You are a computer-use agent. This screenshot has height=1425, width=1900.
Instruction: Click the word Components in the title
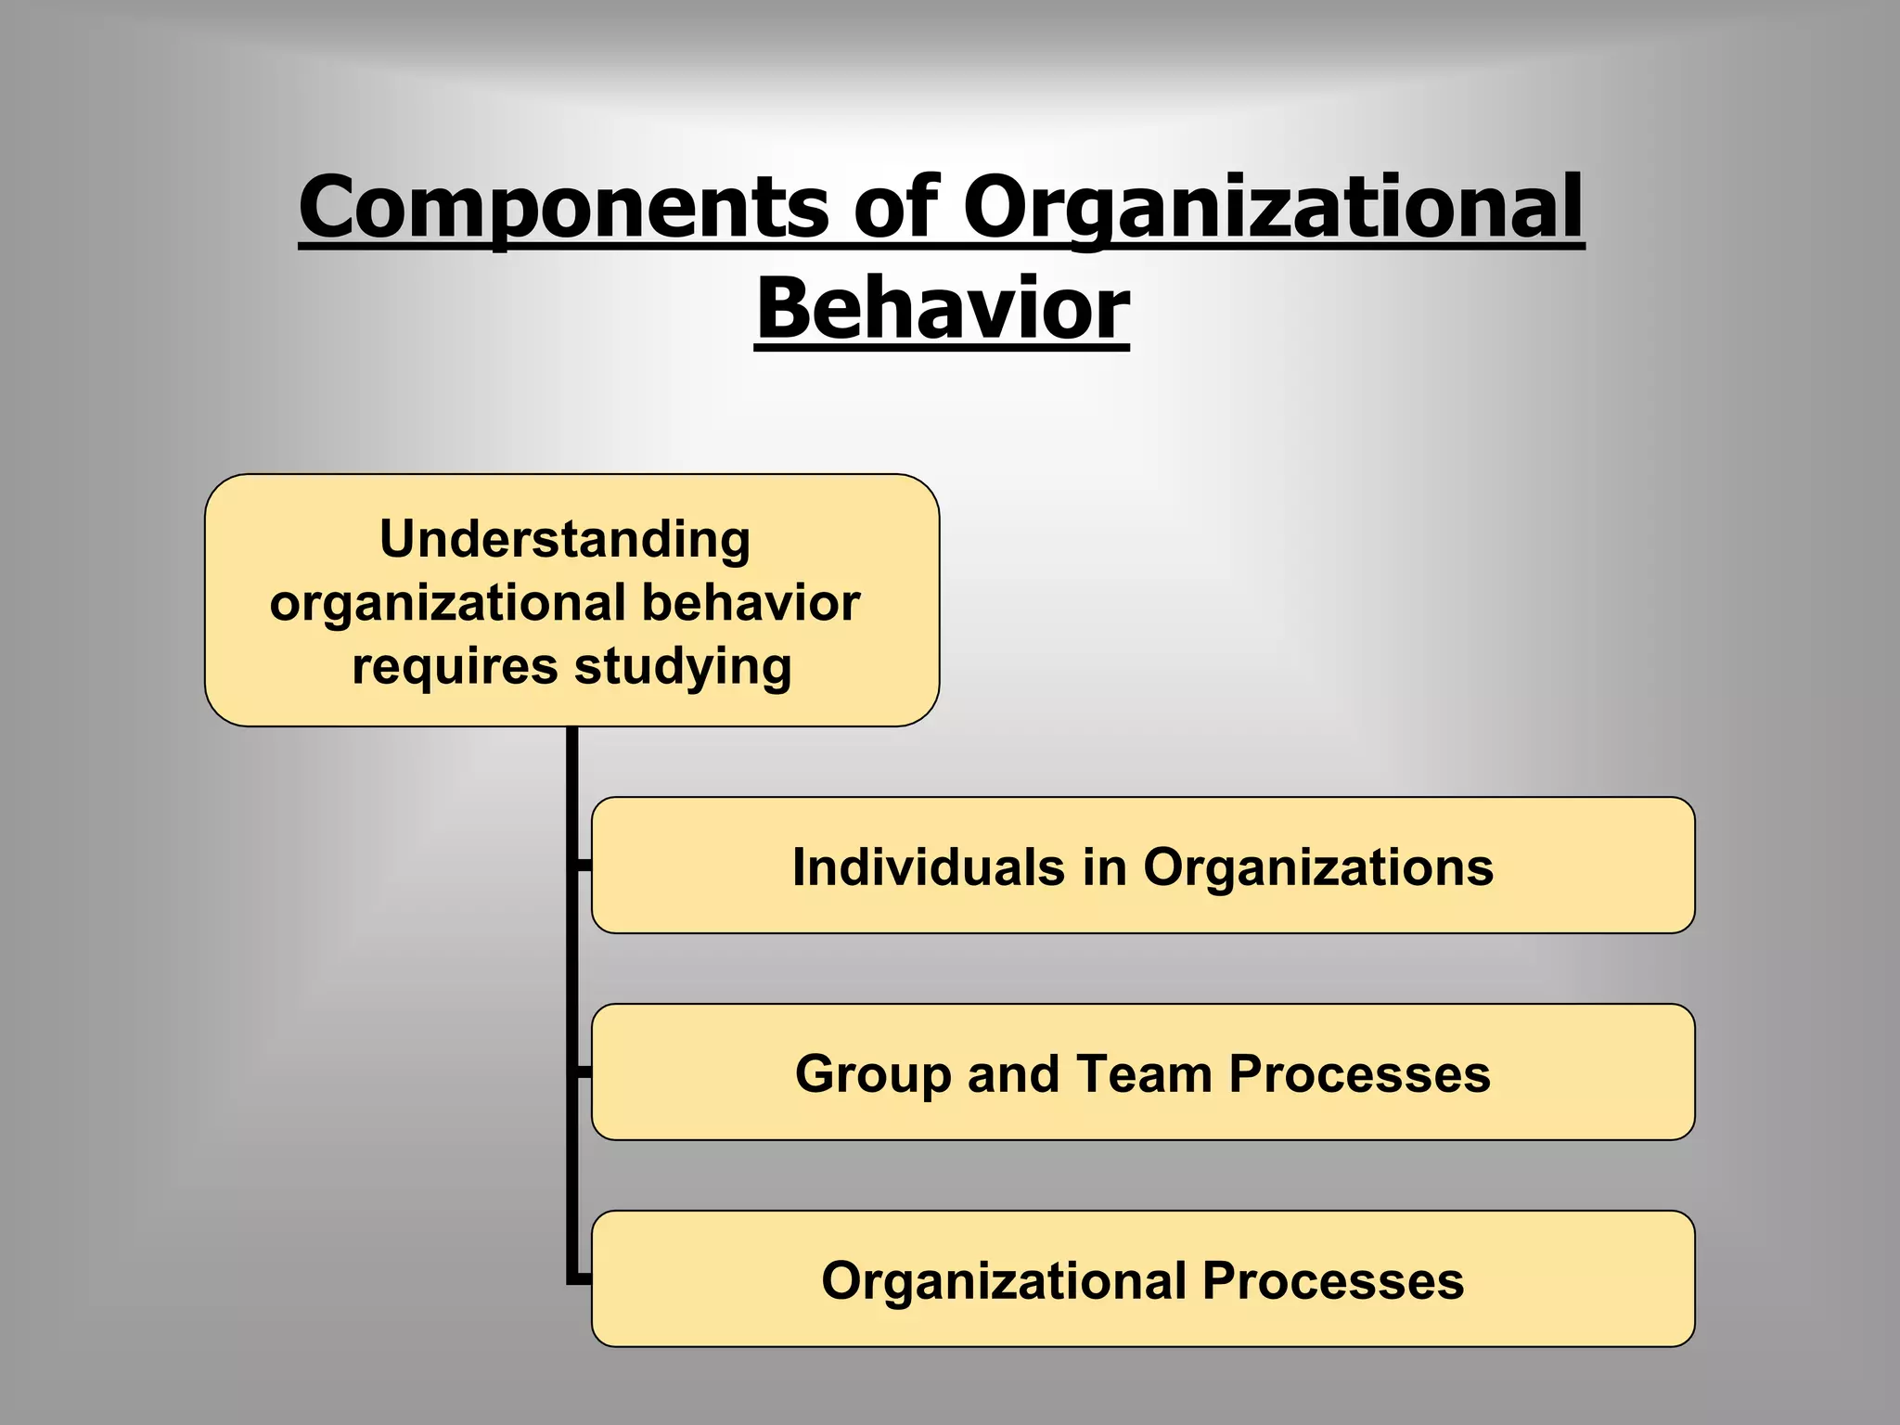564,209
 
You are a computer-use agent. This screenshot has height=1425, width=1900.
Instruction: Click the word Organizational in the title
1273,209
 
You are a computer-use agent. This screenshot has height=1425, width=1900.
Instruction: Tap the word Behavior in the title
943,309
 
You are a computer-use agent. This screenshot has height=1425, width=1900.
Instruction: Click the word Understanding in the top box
564,539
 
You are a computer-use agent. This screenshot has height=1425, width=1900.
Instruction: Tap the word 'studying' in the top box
683,666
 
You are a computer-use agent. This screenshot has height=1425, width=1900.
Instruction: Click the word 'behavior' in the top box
751,602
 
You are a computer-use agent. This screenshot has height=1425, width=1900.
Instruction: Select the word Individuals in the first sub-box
928,867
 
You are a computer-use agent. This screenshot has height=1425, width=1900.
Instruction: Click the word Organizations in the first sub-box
1317,867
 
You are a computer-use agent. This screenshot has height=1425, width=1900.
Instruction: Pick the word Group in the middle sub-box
873,1073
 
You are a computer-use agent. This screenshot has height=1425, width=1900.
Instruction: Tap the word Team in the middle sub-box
1144,1073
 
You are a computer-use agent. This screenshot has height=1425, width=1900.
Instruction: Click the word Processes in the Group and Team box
1359,1073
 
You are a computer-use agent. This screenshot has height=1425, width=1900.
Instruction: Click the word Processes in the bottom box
1332,1280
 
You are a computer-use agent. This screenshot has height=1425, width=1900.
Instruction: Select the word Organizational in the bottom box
1003,1280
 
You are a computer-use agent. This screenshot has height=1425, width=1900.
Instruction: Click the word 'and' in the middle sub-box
1013,1073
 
